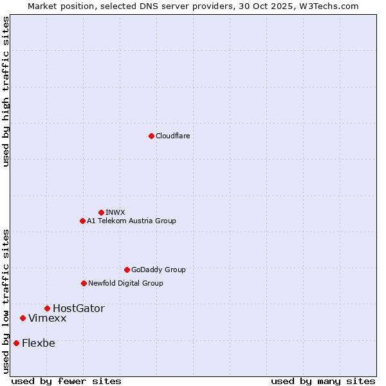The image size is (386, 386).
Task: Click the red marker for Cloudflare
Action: pyautogui.click(x=151, y=136)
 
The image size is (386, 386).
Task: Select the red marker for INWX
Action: pyautogui.click(x=101, y=212)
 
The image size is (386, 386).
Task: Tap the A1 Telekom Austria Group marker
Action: pyautogui.click(x=82, y=221)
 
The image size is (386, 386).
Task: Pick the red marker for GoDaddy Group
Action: pyautogui.click(x=127, y=270)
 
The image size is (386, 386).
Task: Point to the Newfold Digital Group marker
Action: pyautogui.click(x=84, y=283)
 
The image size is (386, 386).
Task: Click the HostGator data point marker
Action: pyautogui.click(x=47, y=308)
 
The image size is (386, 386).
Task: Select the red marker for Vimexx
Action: pyautogui.click(x=23, y=318)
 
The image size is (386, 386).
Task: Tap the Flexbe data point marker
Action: pyautogui.click(x=16, y=343)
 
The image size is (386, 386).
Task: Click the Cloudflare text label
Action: pyautogui.click(x=172, y=136)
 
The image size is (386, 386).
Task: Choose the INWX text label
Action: pyautogui.click(x=115, y=212)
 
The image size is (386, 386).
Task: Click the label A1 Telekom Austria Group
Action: pyautogui.click(x=131, y=221)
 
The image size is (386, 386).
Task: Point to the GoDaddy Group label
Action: pyautogui.click(x=158, y=270)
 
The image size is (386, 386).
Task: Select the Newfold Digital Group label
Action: pyautogui.click(x=125, y=283)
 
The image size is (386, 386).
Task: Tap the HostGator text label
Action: pyautogui.click(x=78, y=308)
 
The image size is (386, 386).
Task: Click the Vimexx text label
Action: pyautogui.click(x=47, y=318)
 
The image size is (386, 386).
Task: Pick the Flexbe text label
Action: pyautogui.click(x=39, y=343)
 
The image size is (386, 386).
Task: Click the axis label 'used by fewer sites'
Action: pyautogui.click(x=66, y=381)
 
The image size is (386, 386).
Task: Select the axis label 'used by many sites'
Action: pyautogui.click(x=323, y=381)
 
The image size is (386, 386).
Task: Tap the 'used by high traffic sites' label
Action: pyautogui.click(x=6, y=91)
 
